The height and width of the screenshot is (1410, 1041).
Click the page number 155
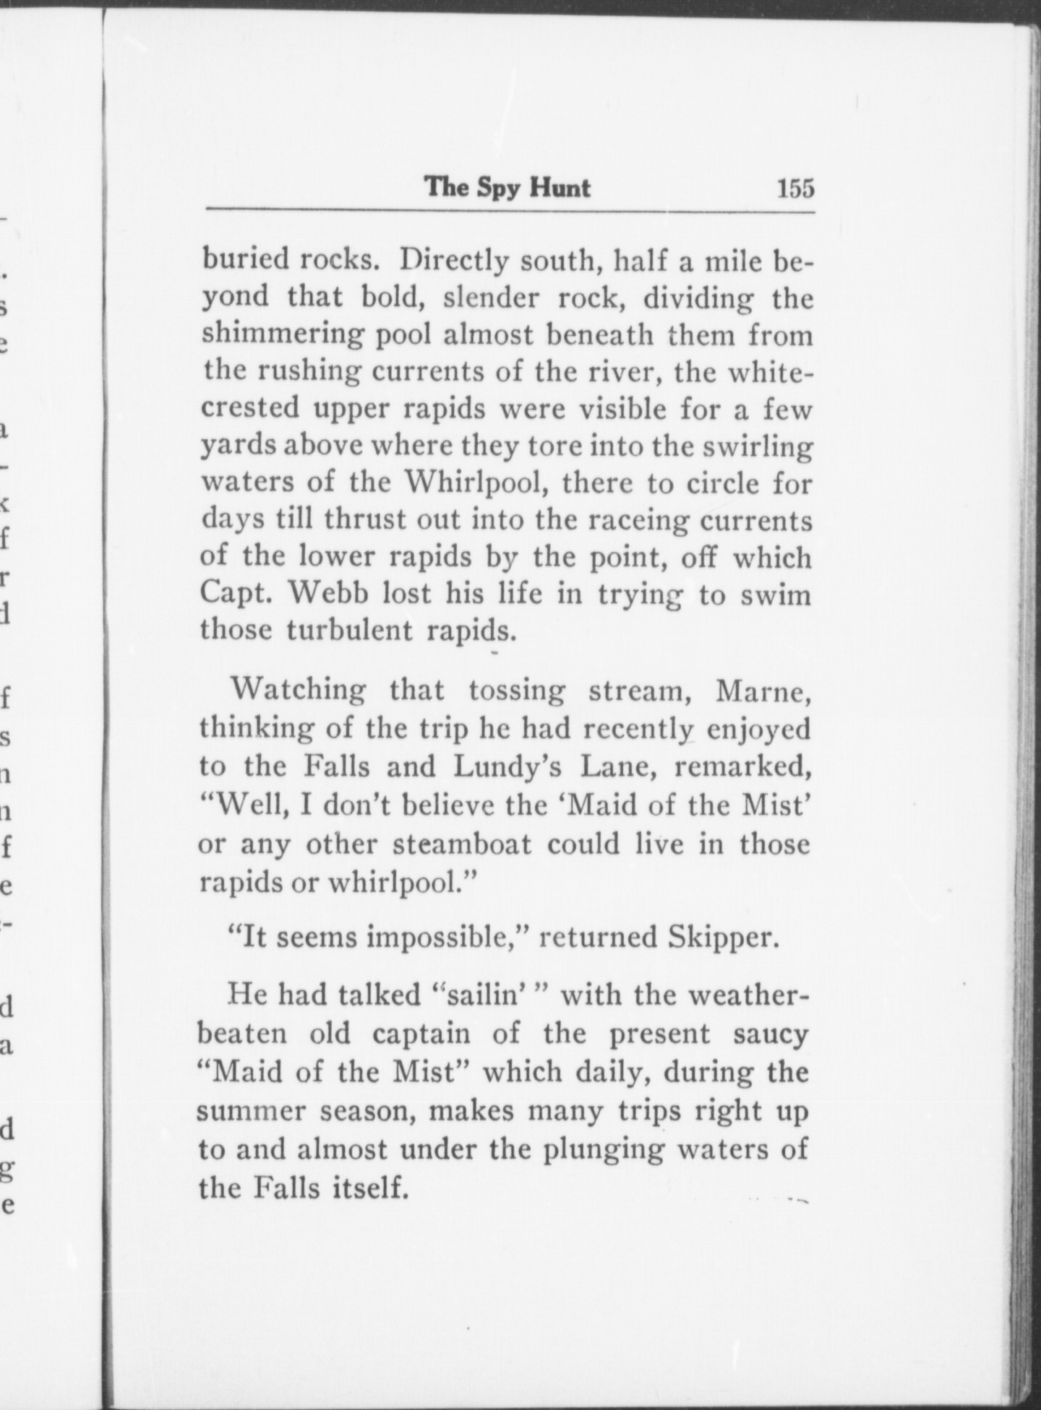click(x=794, y=189)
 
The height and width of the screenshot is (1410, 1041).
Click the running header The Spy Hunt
click(x=507, y=188)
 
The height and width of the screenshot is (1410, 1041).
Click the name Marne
click(x=762, y=691)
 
